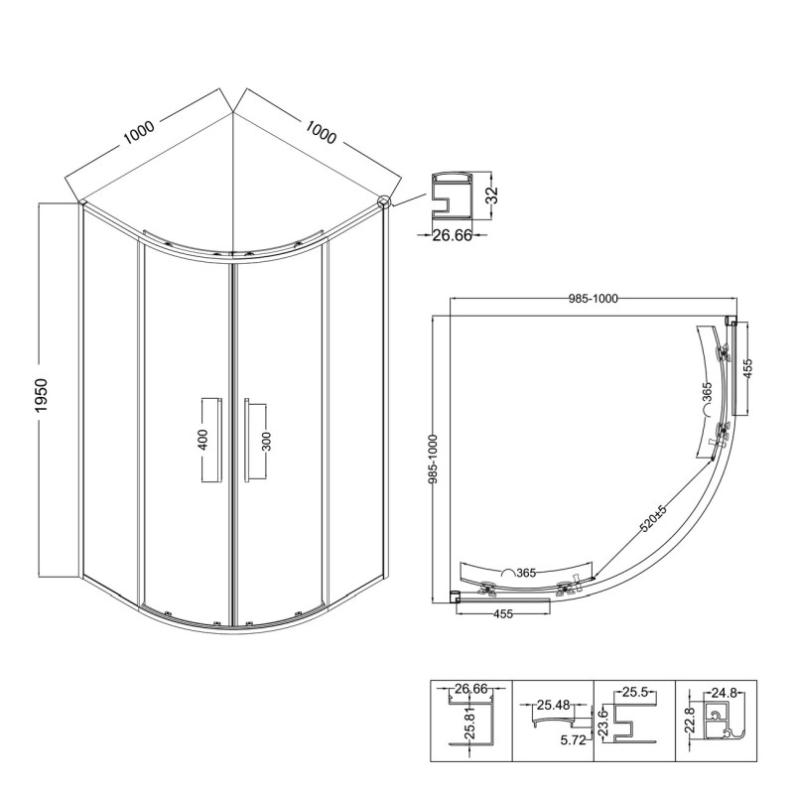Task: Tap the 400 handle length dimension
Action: (x=202, y=440)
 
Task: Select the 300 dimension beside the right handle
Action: (x=267, y=441)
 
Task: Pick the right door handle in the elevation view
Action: (x=246, y=440)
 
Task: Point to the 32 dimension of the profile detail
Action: (x=491, y=196)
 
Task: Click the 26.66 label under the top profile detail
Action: (x=452, y=235)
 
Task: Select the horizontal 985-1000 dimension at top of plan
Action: (x=593, y=299)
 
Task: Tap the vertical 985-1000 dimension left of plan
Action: (x=433, y=459)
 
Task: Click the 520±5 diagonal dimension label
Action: (x=654, y=518)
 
